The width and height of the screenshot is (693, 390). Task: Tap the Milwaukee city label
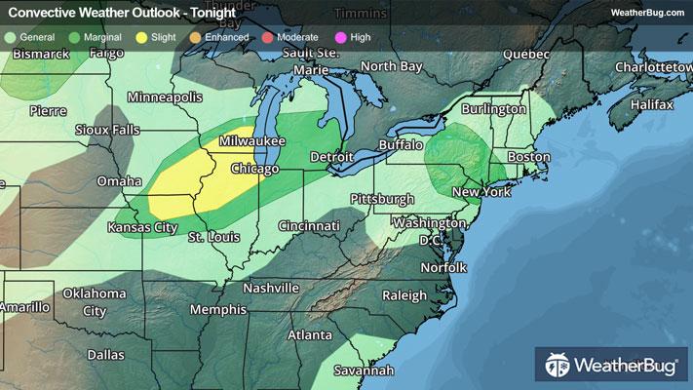tap(251, 141)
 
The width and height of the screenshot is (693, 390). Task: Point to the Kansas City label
tap(142, 227)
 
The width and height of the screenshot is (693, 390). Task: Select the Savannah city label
tap(361, 370)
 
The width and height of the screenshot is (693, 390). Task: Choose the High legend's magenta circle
tap(340, 37)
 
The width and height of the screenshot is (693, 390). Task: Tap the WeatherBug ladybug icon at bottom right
tap(558, 367)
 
